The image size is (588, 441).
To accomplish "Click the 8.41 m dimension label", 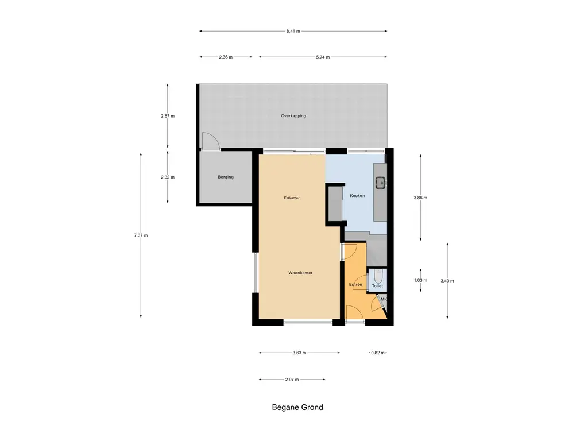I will [293, 31].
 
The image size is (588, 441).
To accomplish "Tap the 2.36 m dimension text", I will [226, 57].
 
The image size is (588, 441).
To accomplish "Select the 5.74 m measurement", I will [322, 57].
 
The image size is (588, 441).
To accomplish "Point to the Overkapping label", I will [293, 116].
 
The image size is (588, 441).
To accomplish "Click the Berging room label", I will [226, 177].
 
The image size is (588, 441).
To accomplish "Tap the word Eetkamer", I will [292, 198].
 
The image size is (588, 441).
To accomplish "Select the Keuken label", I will [357, 196].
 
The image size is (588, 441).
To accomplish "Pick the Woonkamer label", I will [300, 273].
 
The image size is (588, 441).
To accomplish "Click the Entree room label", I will [355, 284].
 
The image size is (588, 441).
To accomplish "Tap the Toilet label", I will [377, 285].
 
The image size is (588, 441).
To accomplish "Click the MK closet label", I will [384, 299].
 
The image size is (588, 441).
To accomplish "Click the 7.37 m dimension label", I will [141, 235].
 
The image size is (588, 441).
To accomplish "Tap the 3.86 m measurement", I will [420, 198].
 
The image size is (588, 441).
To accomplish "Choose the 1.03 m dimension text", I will [420, 280].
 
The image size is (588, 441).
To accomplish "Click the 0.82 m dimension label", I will [376, 353].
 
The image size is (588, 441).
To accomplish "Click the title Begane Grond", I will [297, 408].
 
